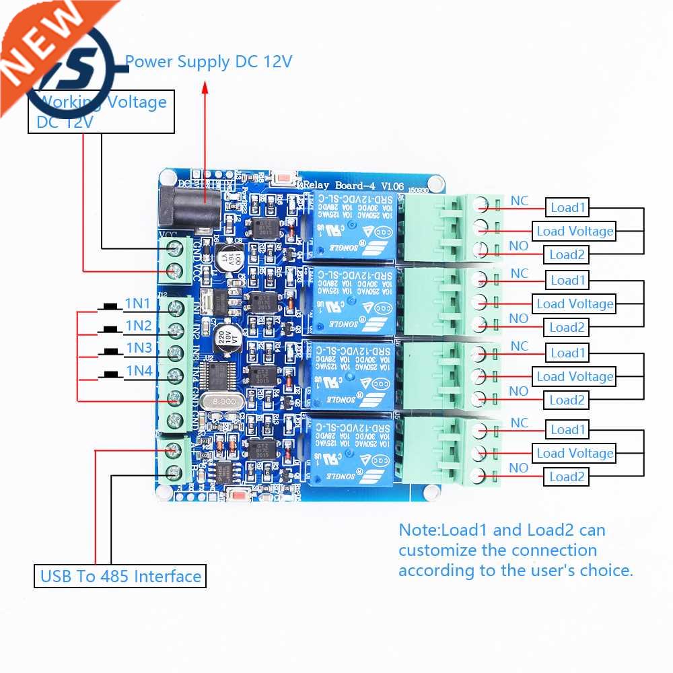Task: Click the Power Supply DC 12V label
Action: coord(209,62)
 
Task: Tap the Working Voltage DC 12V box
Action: coord(101,112)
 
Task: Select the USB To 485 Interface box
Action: coord(120,576)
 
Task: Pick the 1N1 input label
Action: coord(138,304)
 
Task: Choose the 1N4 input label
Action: coord(138,370)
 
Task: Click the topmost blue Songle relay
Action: coord(352,226)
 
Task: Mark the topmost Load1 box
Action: coord(568,207)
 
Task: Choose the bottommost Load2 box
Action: coord(567,477)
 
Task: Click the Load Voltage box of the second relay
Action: coord(575,304)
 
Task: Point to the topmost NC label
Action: coord(519,201)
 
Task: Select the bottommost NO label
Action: coord(518,468)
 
